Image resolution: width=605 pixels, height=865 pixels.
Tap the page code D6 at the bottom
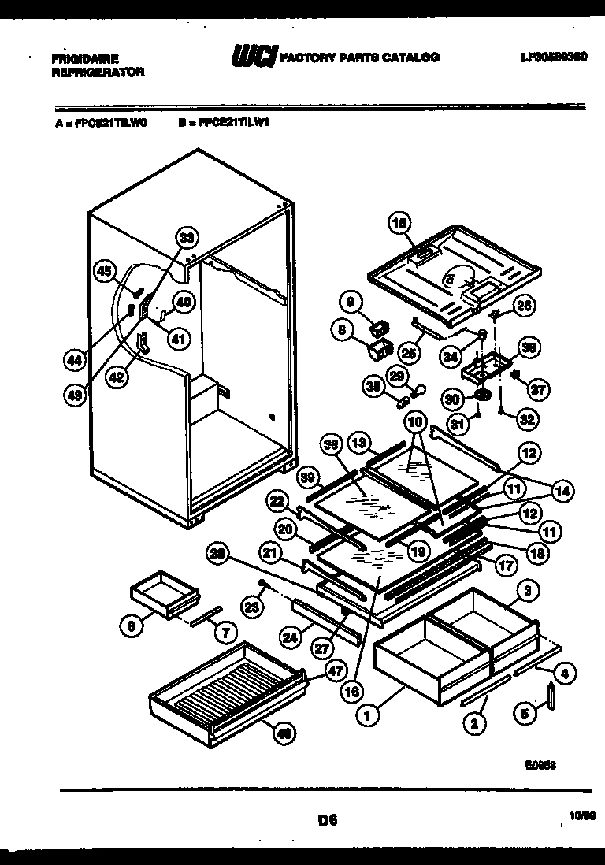click(x=328, y=820)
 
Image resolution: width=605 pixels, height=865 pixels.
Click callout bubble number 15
click(x=399, y=225)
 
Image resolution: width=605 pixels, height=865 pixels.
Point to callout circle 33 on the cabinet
click(x=186, y=236)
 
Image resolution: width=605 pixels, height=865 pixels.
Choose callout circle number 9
click(x=351, y=300)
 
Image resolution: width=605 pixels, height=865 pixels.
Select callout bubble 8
click(x=343, y=331)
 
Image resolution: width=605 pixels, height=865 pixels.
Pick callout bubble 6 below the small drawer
click(x=132, y=626)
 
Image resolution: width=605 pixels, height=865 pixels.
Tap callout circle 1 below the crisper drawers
click(x=366, y=715)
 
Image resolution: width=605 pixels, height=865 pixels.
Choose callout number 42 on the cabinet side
click(x=117, y=377)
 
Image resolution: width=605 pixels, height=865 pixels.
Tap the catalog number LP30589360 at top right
click(x=554, y=58)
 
